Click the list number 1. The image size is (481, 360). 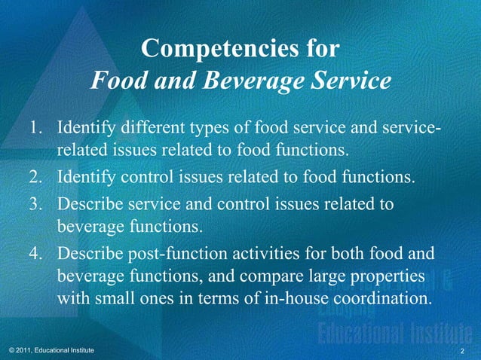point(35,125)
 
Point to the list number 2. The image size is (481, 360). point(35,178)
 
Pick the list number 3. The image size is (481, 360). point(35,204)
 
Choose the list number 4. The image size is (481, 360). point(35,252)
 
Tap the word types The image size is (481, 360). point(223,125)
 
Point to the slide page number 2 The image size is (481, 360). point(462,352)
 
